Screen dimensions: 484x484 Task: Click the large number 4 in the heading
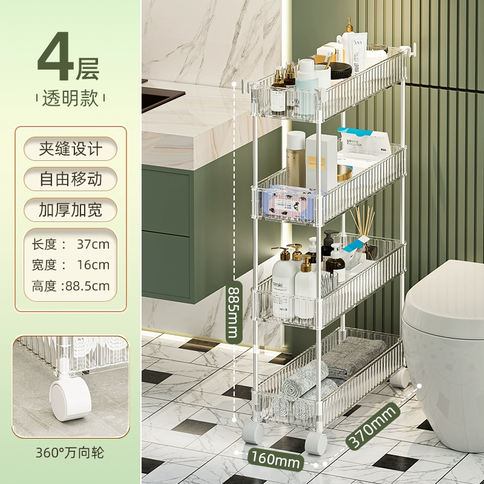[55, 56]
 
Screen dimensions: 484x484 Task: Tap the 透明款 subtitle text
[71, 99]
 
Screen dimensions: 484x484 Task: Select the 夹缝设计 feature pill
[70, 149]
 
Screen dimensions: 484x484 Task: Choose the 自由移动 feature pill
[70, 179]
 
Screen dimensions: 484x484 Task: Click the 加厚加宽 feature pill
[70, 210]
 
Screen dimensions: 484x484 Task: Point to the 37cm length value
[93, 244]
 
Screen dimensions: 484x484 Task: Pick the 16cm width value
[93, 265]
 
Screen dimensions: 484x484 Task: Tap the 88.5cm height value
[88, 286]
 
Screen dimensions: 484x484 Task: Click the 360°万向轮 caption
[70, 453]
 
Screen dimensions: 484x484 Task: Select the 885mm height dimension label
[234, 312]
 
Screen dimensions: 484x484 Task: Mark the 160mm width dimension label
[275, 459]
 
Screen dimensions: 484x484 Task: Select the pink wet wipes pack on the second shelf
[289, 203]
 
